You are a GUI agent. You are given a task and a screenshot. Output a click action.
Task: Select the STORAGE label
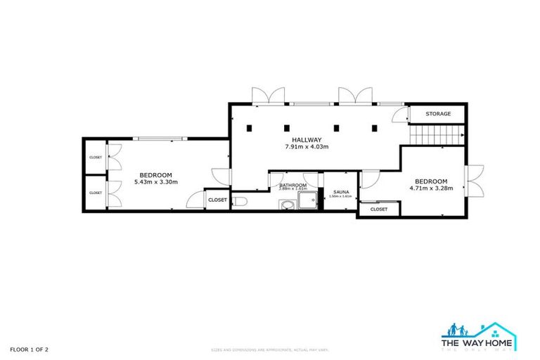[437, 114]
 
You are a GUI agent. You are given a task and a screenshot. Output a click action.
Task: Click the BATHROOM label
[292, 185]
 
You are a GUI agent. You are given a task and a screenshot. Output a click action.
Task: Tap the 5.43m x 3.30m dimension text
[155, 182]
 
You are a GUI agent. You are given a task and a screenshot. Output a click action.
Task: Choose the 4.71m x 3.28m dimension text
[431, 188]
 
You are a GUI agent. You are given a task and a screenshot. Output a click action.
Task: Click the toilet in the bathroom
[240, 202]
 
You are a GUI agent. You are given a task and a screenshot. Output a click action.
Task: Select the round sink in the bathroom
[285, 205]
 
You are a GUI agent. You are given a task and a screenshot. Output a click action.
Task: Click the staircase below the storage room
[436, 133]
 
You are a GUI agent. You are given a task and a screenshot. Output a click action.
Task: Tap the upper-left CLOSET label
[95, 157]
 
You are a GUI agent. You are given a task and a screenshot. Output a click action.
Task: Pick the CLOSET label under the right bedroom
[378, 209]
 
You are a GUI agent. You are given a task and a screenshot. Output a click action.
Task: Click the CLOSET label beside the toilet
[217, 200]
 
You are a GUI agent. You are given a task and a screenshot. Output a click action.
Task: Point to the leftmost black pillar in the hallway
[250, 128]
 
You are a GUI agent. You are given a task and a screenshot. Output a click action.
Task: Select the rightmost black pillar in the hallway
[374, 128]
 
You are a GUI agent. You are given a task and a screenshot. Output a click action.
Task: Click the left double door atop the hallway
[269, 96]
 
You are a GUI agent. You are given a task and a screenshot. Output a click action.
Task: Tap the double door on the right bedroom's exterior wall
[475, 181]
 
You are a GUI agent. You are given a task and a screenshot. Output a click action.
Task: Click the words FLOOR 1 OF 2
[29, 349]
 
